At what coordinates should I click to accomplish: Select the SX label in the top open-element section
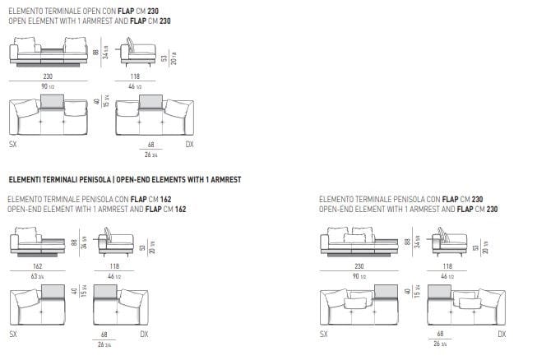[12, 143]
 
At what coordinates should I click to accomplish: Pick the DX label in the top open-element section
[188, 143]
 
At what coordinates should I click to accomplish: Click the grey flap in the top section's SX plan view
[53, 102]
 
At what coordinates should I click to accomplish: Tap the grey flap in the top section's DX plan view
[150, 102]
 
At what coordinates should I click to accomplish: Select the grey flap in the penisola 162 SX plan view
[53, 293]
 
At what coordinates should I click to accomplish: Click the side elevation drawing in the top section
[139, 51]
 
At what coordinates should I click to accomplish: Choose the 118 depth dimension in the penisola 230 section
[447, 266]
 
